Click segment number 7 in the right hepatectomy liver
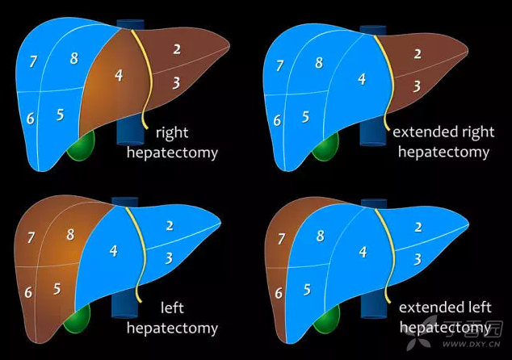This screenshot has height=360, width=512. tap(33, 61)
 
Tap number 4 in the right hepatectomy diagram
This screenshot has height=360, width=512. tap(119, 75)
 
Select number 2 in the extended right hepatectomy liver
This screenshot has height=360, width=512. tap(418, 54)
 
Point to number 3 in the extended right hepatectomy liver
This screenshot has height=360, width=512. tap(417, 86)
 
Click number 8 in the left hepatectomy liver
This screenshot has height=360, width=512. tap(70, 234)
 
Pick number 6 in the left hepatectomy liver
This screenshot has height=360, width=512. tap(28, 292)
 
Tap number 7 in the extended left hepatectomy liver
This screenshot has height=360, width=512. tap(281, 239)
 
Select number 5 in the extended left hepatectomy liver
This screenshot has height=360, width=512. tap(307, 290)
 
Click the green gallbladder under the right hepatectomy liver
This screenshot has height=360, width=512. tap(81, 146)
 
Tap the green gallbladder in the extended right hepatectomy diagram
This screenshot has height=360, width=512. tap(325, 147)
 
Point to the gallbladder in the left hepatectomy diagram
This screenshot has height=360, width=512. tap(77, 319)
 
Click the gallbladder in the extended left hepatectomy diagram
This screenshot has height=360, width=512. tap(326, 320)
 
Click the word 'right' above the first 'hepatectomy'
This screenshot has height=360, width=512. tap(172, 133)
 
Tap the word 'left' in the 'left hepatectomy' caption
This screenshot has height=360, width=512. tap(172, 308)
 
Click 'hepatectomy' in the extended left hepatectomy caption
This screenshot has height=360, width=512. tap(445, 328)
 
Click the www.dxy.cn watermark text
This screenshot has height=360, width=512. tap(471, 344)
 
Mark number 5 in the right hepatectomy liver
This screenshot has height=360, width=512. tap(60, 115)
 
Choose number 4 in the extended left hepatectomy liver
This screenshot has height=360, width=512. tap(363, 252)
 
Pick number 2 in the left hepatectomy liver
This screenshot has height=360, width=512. tap(169, 225)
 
